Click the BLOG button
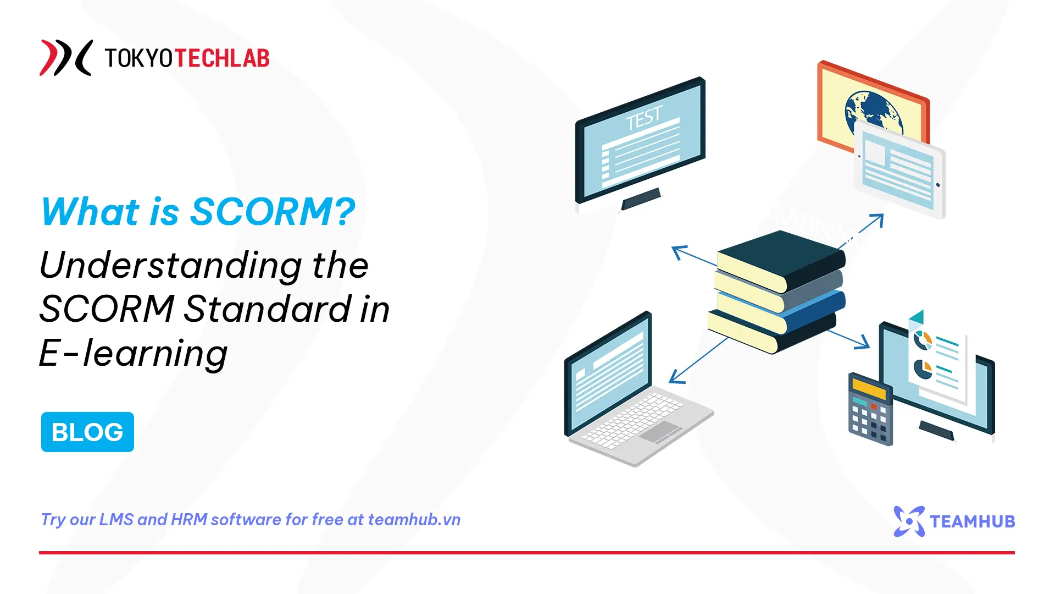(x=87, y=432)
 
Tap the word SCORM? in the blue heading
(x=273, y=212)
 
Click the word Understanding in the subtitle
(x=170, y=266)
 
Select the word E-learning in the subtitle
(x=133, y=353)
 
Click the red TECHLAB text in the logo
(x=222, y=58)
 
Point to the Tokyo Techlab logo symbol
(x=65, y=58)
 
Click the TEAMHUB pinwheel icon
(x=909, y=521)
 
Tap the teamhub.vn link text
(x=414, y=520)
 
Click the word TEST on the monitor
(x=643, y=118)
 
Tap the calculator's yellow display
(x=869, y=388)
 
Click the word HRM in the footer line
(x=189, y=520)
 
